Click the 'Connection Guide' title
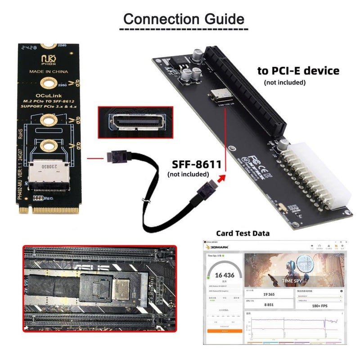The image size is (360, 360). pyautogui.click(x=184, y=19)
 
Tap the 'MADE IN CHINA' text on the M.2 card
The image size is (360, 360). pyautogui.click(x=49, y=72)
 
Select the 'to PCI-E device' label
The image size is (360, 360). pyautogui.click(x=298, y=71)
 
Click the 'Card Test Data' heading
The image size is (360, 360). pyautogui.click(x=243, y=233)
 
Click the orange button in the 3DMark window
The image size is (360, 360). pyautogui.click(x=225, y=331)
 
